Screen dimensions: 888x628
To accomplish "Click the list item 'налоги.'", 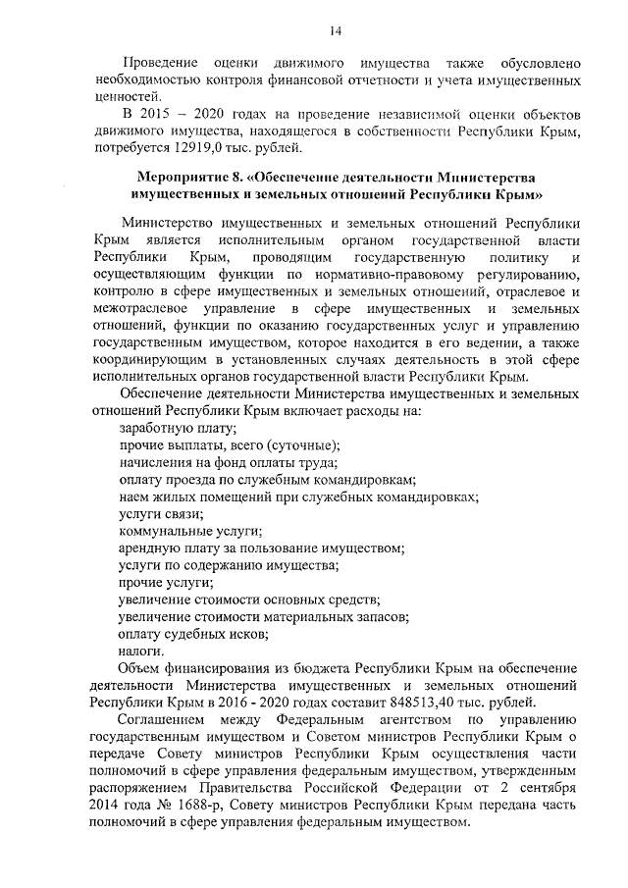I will coord(141,650).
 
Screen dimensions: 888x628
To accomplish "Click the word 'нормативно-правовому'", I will coord(359,273).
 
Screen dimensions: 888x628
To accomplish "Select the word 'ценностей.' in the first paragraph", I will coord(121,97).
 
